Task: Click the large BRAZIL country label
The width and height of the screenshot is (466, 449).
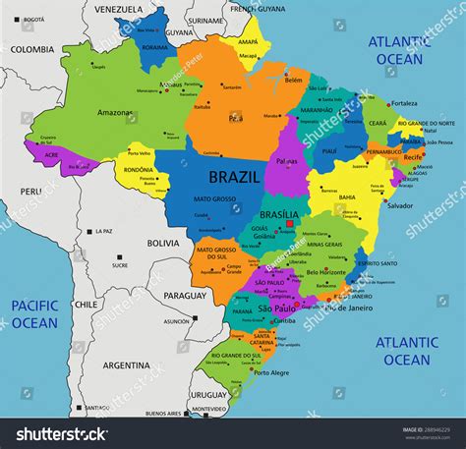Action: [x=235, y=177]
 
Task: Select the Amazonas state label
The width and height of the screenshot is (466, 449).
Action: [x=115, y=112]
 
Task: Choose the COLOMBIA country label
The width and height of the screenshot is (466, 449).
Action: [x=32, y=49]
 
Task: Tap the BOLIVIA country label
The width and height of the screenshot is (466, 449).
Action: [x=163, y=242]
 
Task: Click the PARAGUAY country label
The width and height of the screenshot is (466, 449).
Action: [x=185, y=295]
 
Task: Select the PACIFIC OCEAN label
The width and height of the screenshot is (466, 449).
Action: [x=35, y=314]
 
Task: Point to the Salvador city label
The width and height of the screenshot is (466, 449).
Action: [x=399, y=205]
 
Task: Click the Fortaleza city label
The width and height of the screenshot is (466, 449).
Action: [x=403, y=103]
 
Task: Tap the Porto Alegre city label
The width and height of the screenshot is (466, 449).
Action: [x=272, y=372]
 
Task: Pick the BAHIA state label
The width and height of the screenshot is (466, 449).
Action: [x=347, y=196]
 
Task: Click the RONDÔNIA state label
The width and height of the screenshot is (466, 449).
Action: [x=139, y=169]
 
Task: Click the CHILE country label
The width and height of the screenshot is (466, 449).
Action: [x=86, y=305]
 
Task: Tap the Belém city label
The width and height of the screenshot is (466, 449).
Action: [x=293, y=81]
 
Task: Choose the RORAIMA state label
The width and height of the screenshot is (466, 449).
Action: [x=155, y=46]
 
